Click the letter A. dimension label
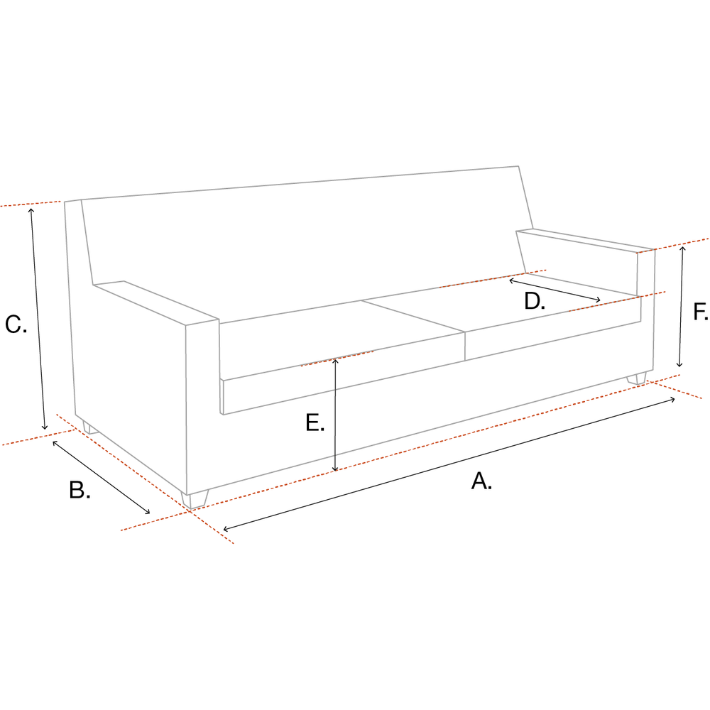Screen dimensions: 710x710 click(481, 481)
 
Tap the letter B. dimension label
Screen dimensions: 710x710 click(80, 490)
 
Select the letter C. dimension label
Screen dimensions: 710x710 click(16, 324)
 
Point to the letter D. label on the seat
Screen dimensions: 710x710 click(535, 301)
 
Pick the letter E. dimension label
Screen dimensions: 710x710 click(315, 422)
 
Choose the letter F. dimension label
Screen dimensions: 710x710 click(701, 312)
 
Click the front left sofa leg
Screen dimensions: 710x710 click(195, 499)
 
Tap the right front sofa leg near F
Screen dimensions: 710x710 click(637, 378)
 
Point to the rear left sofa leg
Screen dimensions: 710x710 click(90, 428)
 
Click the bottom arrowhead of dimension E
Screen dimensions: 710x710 click(335, 468)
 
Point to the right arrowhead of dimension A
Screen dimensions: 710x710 click(672, 399)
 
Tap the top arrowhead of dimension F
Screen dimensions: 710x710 click(683, 249)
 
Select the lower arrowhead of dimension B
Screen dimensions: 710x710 click(147, 512)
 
